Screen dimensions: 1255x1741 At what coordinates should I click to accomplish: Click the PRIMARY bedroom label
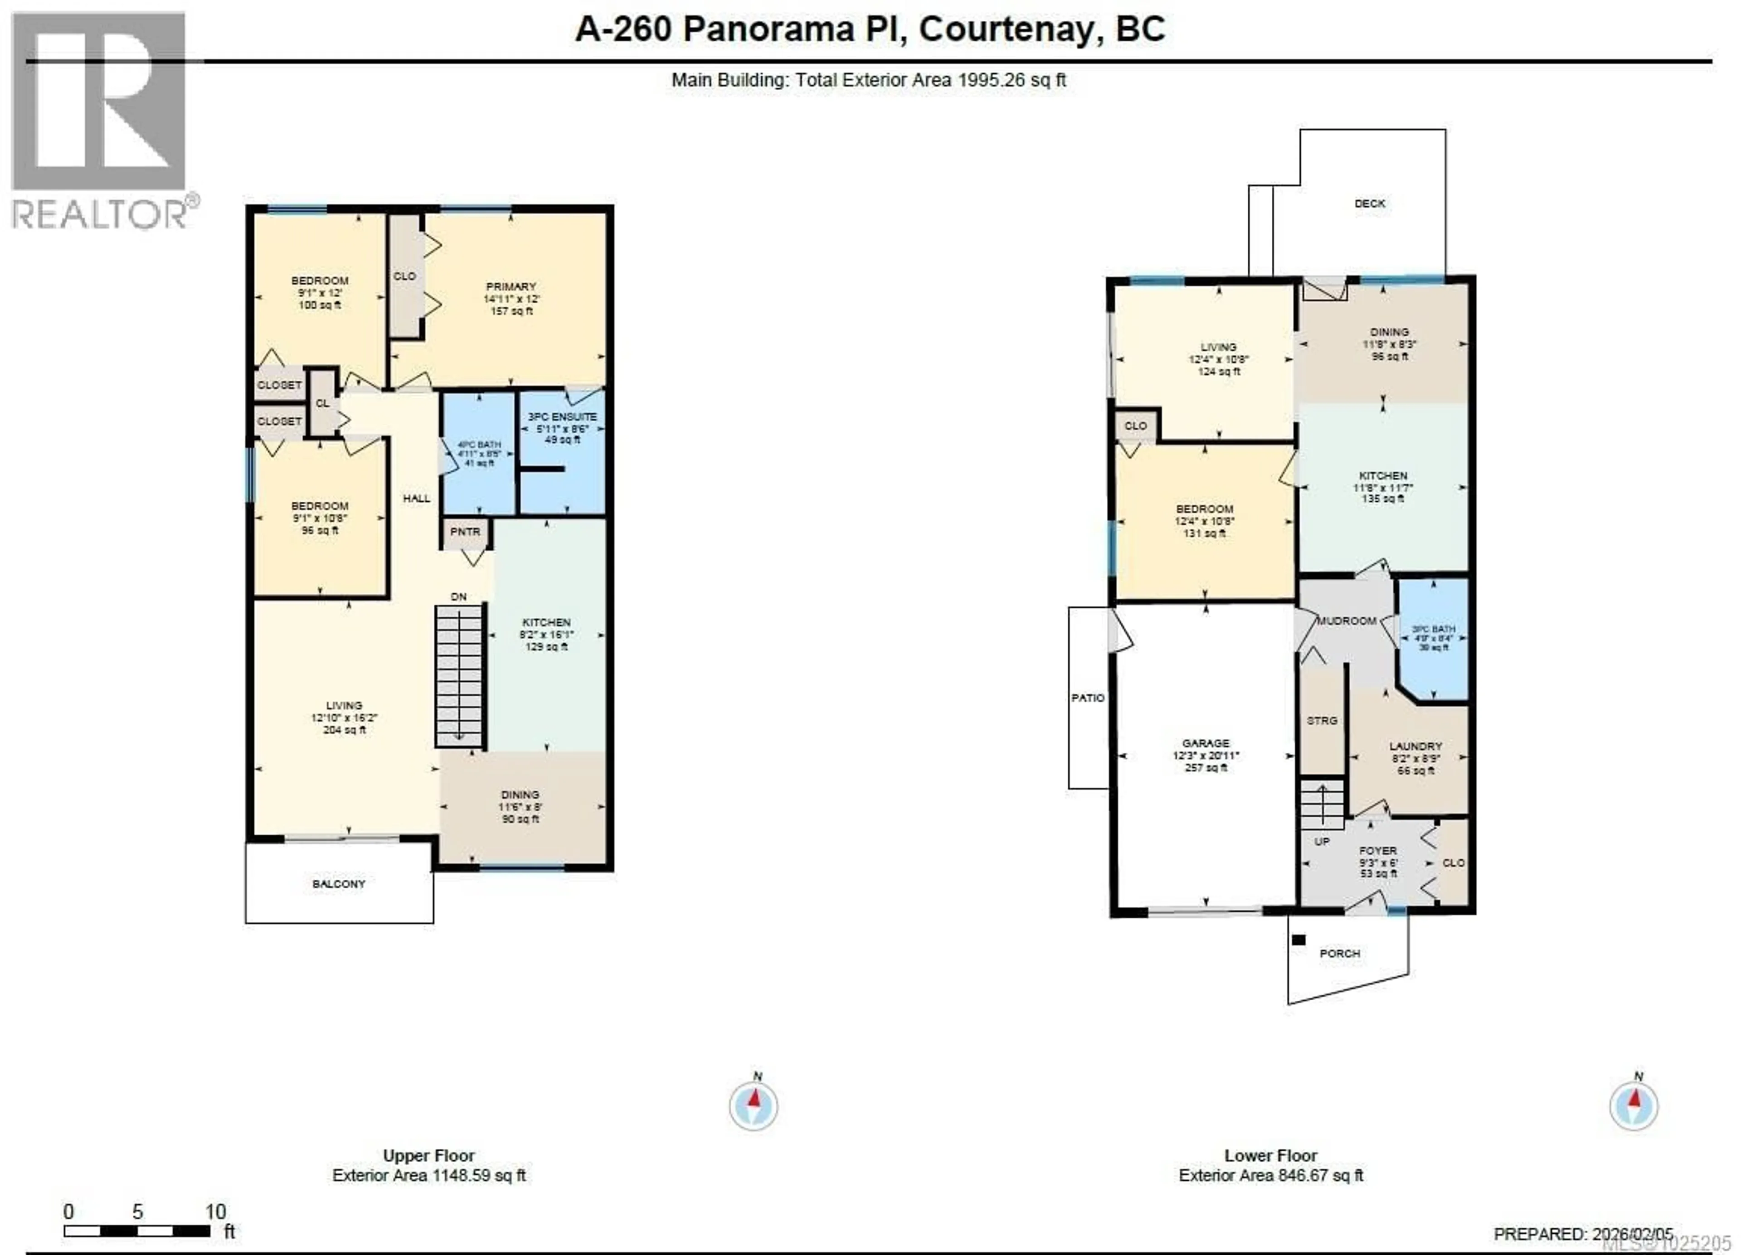click(x=511, y=287)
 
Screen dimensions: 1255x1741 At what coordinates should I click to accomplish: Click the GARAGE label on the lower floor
click(x=1205, y=743)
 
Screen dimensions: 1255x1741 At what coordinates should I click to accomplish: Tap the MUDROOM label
click(x=1347, y=621)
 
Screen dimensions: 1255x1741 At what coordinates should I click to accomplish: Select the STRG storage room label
click(x=1322, y=721)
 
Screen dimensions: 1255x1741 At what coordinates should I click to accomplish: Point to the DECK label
click(x=1370, y=204)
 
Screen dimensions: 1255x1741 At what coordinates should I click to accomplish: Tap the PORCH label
click(x=1339, y=953)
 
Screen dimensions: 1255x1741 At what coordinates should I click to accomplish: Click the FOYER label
click(x=1377, y=850)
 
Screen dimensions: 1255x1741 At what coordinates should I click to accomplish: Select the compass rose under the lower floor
click(x=1634, y=1106)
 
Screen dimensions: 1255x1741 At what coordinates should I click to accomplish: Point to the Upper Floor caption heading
click(x=428, y=1155)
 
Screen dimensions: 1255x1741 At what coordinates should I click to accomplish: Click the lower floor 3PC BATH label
click(x=1433, y=629)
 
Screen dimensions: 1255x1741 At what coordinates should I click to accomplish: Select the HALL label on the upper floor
click(x=416, y=498)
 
